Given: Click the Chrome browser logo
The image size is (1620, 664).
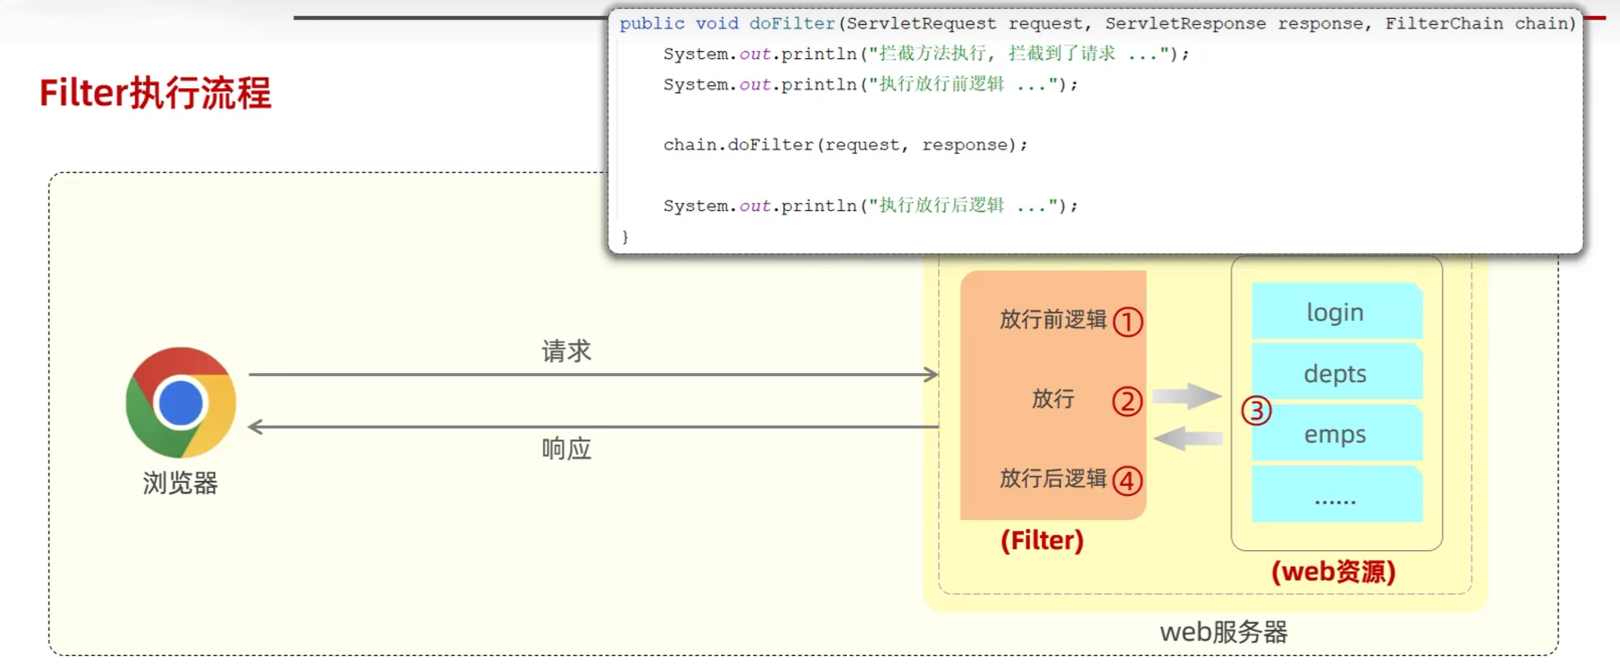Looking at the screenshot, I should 181,402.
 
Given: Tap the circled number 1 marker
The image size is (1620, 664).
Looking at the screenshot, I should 1128,322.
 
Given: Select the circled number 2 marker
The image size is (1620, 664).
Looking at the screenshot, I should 1128,402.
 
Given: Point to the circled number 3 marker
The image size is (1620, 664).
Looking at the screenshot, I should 1256,411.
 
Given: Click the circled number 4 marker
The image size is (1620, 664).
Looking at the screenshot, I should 1128,481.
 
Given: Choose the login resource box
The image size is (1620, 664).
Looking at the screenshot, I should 1336,311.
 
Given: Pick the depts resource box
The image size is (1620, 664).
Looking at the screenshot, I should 1336,373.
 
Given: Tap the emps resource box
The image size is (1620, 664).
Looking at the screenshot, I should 1336,434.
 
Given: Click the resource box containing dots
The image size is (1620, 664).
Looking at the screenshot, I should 1336,495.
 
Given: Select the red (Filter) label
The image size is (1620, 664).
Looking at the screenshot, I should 1042,540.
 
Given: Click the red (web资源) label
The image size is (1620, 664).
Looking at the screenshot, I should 1333,572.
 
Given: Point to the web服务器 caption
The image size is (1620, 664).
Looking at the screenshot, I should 1223,632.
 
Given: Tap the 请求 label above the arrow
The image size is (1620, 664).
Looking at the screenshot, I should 566,351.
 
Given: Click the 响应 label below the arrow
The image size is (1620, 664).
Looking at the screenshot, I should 566,449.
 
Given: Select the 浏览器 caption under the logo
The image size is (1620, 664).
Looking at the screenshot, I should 180,483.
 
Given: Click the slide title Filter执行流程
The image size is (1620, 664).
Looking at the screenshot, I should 155,93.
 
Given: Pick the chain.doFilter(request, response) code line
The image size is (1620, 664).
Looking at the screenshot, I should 845,145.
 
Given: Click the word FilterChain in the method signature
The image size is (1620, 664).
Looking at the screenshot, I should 1444,24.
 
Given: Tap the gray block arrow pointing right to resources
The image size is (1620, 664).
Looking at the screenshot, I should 1187,396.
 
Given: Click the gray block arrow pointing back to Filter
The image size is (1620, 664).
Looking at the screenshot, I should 1188,439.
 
